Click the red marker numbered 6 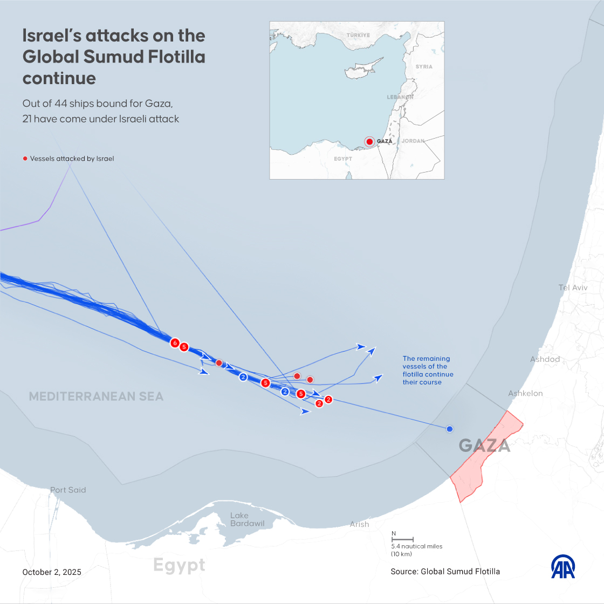click(x=174, y=342)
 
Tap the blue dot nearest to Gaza click(x=449, y=429)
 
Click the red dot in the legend click(x=25, y=159)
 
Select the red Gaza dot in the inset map click(x=369, y=142)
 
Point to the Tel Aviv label click(x=573, y=287)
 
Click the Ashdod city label click(x=545, y=359)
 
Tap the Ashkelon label click(x=525, y=393)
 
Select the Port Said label click(x=68, y=490)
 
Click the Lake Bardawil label click(x=247, y=520)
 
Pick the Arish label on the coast click(x=359, y=524)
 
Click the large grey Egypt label click(x=179, y=565)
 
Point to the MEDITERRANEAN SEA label click(x=96, y=396)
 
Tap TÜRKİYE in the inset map click(x=358, y=35)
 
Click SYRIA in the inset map click(x=424, y=66)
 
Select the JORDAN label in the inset click(x=413, y=141)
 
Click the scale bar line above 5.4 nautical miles click(x=402, y=539)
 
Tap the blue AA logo click(x=562, y=567)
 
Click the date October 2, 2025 click(x=52, y=572)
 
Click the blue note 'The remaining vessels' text click(x=428, y=370)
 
